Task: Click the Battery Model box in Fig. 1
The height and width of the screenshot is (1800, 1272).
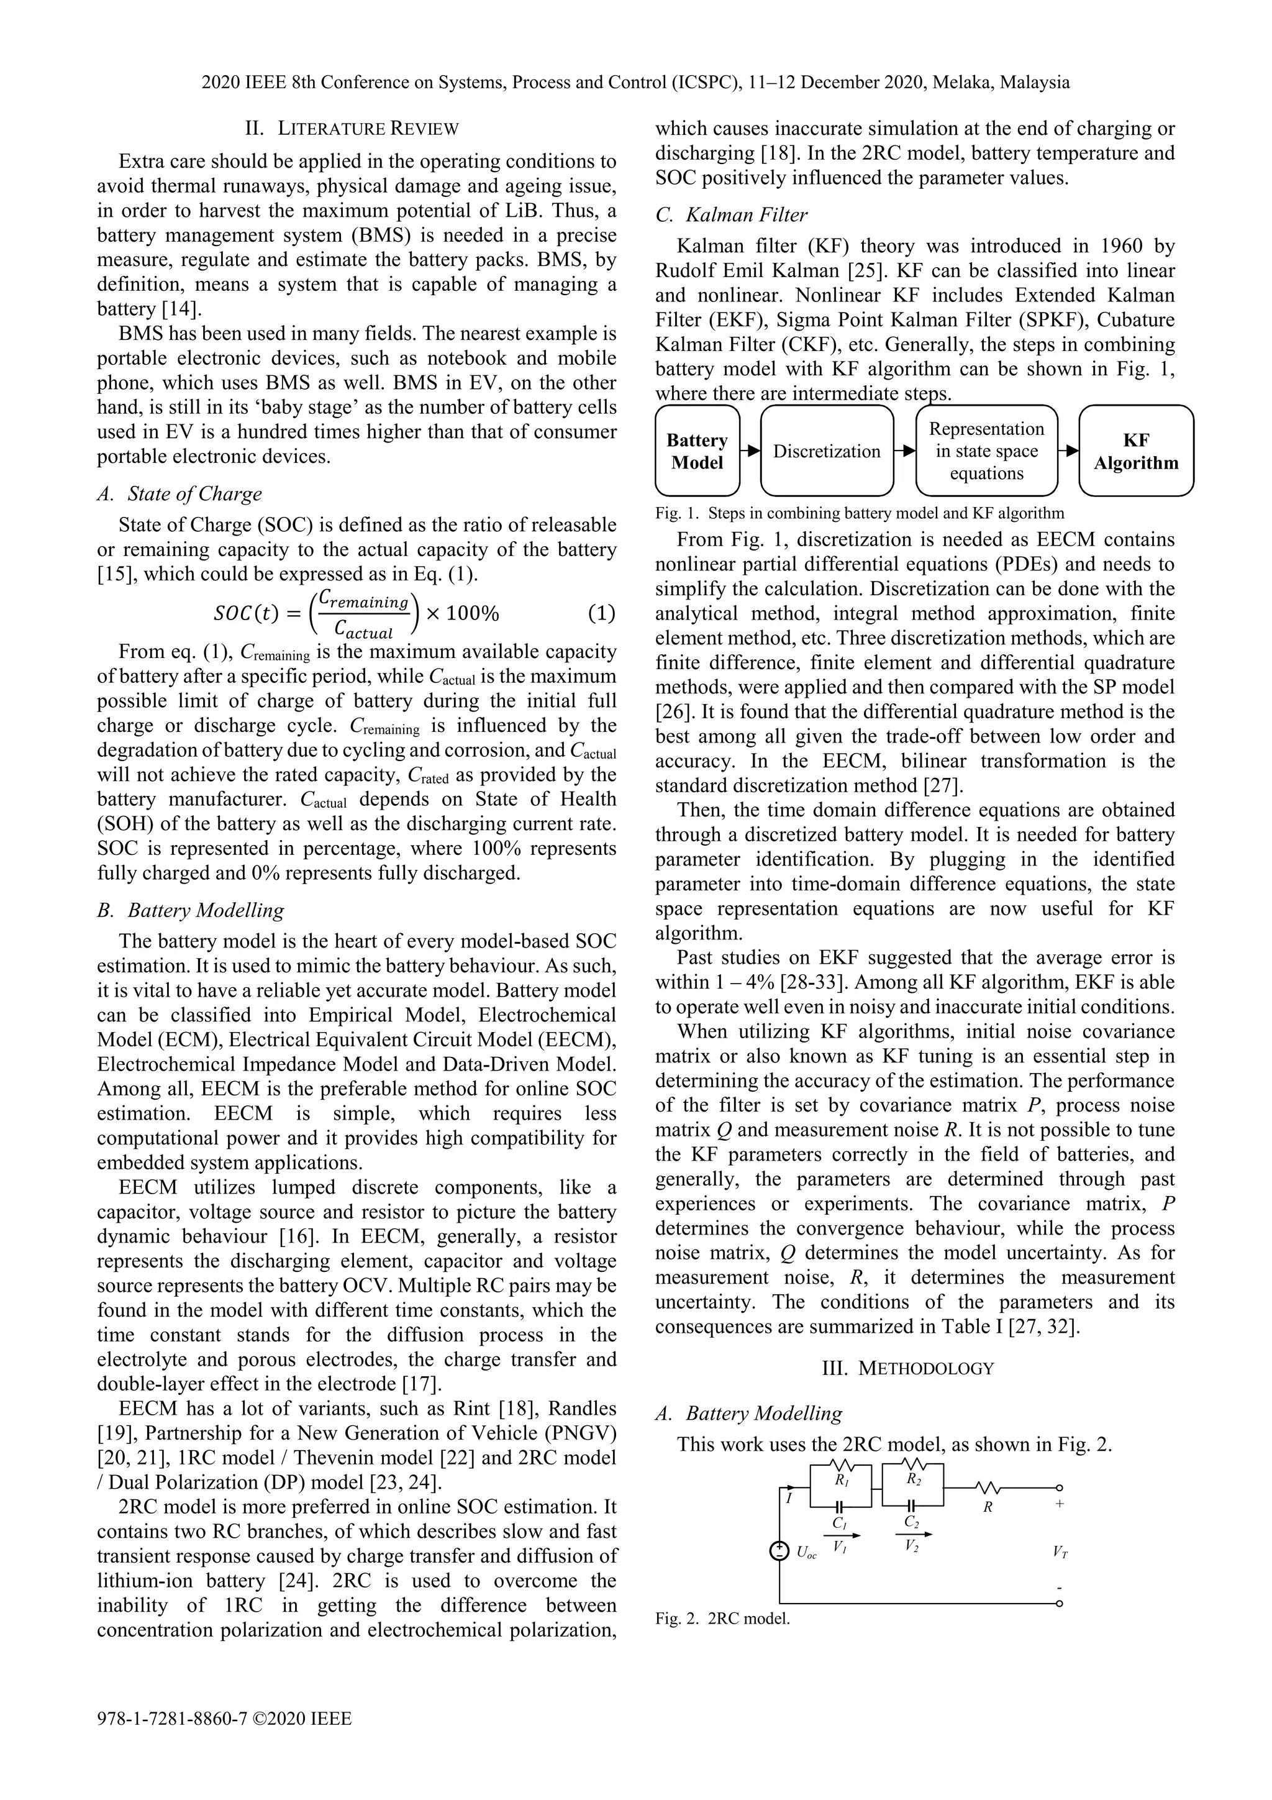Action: (x=697, y=451)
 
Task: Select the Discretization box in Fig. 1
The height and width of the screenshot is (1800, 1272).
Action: (x=826, y=451)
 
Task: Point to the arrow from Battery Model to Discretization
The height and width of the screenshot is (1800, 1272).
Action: (x=750, y=451)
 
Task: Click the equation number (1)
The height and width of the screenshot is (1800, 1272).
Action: (x=601, y=614)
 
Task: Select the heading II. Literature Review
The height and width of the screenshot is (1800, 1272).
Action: (x=352, y=129)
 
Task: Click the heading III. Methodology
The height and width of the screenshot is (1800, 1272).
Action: (x=907, y=1369)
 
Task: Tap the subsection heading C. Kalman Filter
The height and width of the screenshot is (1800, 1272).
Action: (x=731, y=214)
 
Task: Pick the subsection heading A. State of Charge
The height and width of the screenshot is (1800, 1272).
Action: (x=179, y=494)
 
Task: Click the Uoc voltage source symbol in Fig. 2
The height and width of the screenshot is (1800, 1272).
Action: (x=780, y=1552)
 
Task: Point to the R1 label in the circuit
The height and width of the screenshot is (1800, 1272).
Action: (x=841, y=1480)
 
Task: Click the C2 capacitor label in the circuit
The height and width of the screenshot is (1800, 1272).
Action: (x=912, y=1522)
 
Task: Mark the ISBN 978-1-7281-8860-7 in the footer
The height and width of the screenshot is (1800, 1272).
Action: (x=173, y=1719)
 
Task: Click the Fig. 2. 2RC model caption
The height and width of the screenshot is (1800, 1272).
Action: (x=722, y=1619)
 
